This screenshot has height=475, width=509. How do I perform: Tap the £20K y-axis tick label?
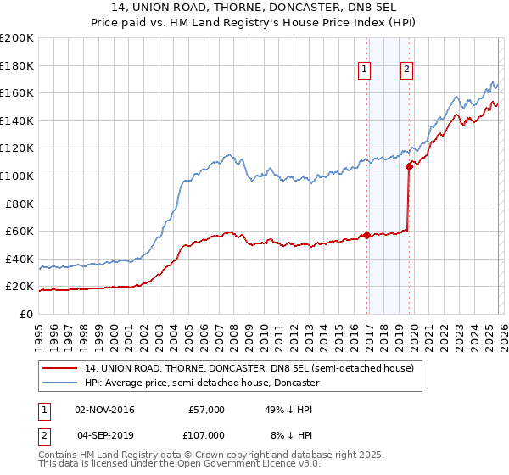pyautogui.click(x=19, y=287)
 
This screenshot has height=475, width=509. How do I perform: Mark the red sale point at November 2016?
pyautogui.click(x=366, y=235)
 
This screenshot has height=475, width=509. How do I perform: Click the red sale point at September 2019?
pyautogui.click(x=409, y=166)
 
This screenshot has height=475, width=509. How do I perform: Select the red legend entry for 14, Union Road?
pyautogui.click(x=249, y=368)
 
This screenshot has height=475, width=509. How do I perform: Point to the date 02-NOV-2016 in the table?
pyautogui.click(x=105, y=410)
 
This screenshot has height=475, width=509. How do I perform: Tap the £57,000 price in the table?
pyautogui.click(x=206, y=410)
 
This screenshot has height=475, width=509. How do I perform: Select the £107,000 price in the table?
pyautogui.click(x=206, y=435)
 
